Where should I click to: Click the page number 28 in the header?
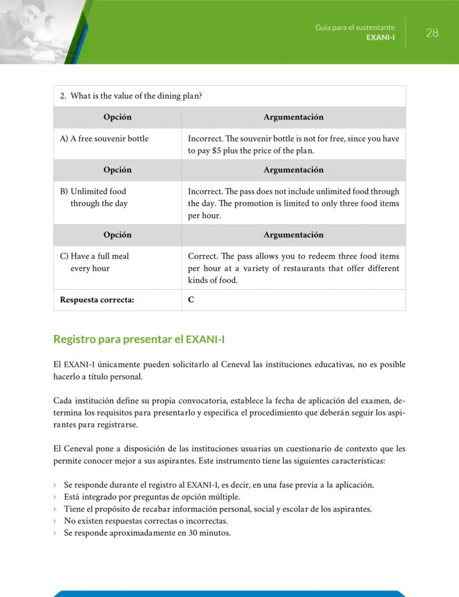432,33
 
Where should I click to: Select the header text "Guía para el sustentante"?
355,27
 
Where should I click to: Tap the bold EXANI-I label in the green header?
380,37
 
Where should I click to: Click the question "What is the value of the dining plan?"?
136,96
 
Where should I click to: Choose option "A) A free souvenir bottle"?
104,138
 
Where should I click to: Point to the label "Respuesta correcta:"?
97,300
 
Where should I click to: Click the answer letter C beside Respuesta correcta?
191,300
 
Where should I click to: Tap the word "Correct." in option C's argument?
203,256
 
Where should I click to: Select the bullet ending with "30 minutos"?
147,533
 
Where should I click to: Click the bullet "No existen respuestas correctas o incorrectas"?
146,521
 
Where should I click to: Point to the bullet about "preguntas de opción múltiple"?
152,497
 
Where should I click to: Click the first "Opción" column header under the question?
118,117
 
